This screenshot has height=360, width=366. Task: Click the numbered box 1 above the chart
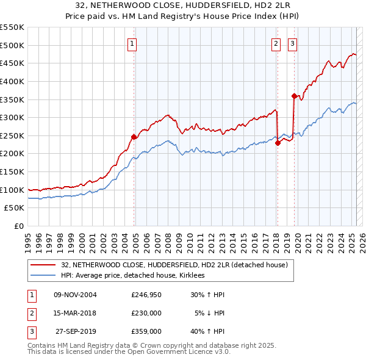pyautogui.click(x=132, y=43)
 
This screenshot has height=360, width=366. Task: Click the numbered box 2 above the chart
pyautogui.click(x=276, y=43)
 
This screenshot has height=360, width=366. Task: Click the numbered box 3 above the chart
pyautogui.click(x=293, y=43)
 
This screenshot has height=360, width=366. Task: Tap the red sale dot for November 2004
pyautogui.click(x=134, y=137)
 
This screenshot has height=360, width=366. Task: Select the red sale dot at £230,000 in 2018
pyautogui.click(x=278, y=143)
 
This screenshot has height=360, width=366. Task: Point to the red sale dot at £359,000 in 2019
pyautogui.click(x=294, y=96)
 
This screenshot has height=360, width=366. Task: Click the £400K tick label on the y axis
pyautogui.click(x=13, y=81)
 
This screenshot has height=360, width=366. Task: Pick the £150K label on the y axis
pyautogui.click(x=13, y=171)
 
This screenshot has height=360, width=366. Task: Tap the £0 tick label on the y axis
pyautogui.click(x=19, y=226)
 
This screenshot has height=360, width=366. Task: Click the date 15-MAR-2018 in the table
pyautogui.click(x=75, y=313)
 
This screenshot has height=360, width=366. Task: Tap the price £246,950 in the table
pyautogui.click(x=146, y=295)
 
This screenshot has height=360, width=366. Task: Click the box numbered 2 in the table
pyautogui.click(x=31, y=313)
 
